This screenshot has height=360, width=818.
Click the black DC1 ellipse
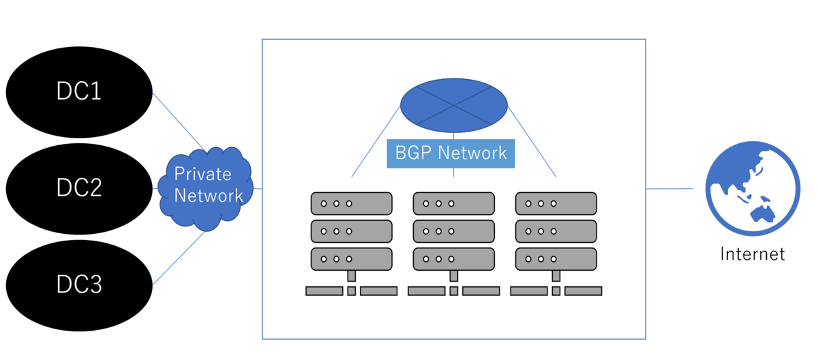pyautogui.click(x=79, y=91)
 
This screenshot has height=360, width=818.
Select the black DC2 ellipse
pyautogui.click(x=79, y=187)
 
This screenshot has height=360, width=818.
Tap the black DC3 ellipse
pyautogui.click(x=79, y=284)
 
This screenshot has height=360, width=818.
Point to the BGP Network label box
pyautogui.click(x=451, y=153)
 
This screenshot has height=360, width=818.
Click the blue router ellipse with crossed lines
pyautogui.click(x=454, y=105)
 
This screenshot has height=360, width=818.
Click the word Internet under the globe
pyautogui.click(x=753, y=254)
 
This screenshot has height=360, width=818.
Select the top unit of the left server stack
pyautogui.click(x=352, y=203)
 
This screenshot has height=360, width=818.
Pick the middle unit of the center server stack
pyautogui.click(x=454, y=230)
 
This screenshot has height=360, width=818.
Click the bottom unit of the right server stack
pyautogui.click(x=556, y=258)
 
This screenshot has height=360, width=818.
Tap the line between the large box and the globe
pyautogui.click(x=669, y=188)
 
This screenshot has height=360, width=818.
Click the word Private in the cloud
pyautogui.click(x=202, y=174)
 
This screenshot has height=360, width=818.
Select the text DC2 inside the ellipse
pyautogui.click(x=79, y=187)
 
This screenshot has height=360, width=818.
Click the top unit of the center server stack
pyautogui.click(x=454, y=203)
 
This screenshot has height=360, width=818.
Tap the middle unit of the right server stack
pyautogui.click(x=556, y=230)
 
